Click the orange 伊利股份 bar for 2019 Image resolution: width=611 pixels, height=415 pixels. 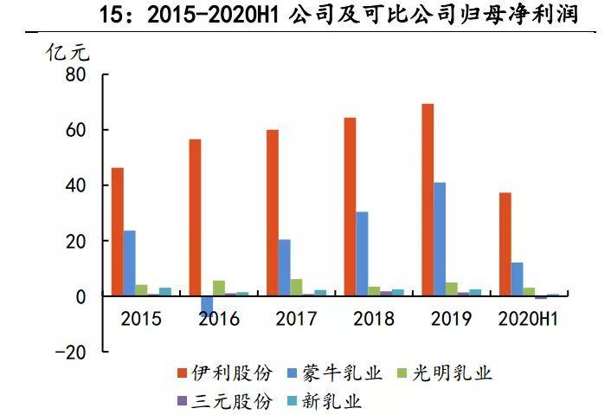click(428, 200)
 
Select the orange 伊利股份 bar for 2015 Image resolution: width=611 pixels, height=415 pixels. click(118, 232)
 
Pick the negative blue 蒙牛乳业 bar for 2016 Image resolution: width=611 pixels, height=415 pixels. click(207, 304)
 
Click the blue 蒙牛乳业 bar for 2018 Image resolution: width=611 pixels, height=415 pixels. click(362, 254)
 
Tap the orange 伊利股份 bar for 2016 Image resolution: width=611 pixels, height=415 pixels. click(195, 217)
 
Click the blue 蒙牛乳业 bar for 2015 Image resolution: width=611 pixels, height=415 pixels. click(130, 263)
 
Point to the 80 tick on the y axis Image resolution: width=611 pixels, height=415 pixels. click(75, 75)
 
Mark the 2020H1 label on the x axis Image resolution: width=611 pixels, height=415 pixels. click(527, 319)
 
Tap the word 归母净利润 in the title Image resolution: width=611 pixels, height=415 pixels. click(518, 15)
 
